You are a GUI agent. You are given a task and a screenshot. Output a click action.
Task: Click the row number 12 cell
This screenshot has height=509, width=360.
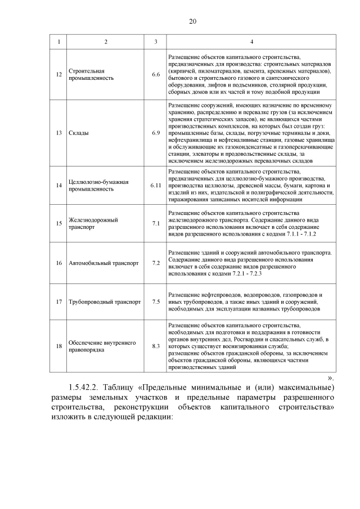(x=58, y=75)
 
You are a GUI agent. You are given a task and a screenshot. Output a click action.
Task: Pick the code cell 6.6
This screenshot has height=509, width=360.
(x=156, y=75)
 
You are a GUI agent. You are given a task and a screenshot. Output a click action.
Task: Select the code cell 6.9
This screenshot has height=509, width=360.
(x=156, y=133)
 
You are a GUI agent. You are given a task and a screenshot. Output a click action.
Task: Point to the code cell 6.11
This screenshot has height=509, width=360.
(x=156, y=186)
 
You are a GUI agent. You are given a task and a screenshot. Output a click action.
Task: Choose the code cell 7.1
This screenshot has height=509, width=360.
(x=156, y=223)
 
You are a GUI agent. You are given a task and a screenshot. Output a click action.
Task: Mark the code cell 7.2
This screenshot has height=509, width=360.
(x=156, y=263)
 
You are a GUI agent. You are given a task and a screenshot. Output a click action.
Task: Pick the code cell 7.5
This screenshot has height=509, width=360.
(x=156, y=302)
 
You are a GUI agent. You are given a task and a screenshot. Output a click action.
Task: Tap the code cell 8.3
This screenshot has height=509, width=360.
(x=156, y=346)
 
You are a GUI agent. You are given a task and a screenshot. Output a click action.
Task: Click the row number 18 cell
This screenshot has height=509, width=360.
(x=58, y=346)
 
